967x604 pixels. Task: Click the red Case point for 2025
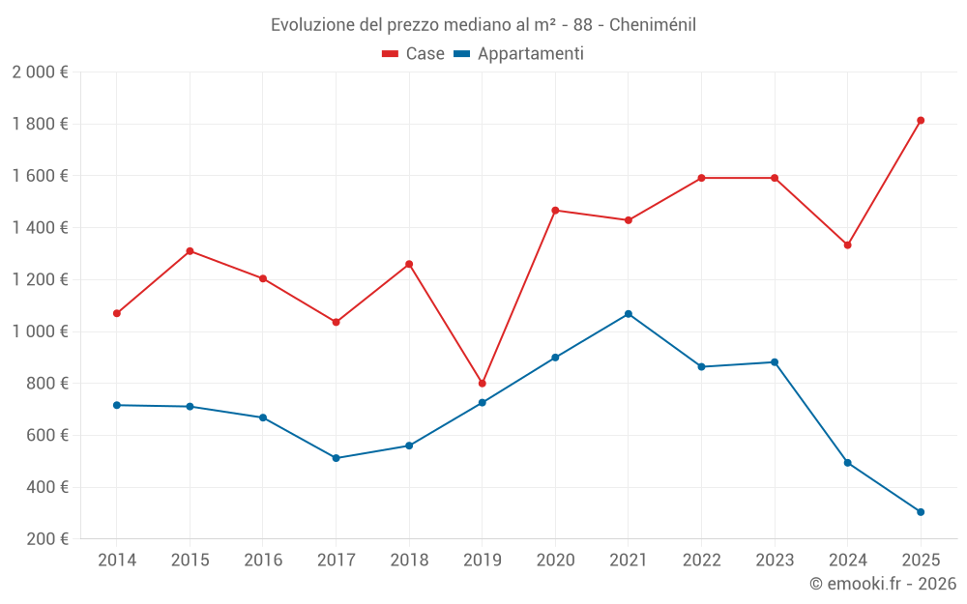(921, 121)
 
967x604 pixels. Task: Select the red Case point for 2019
(483, 384)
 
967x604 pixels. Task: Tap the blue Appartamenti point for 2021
(629, 314)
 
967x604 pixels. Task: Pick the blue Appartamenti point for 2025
(921, 512)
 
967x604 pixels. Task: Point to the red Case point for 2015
(190, 251)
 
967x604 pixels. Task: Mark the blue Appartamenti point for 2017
(336, 458)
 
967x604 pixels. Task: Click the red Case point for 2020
(555, 211)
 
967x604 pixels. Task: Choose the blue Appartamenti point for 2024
(848, 463)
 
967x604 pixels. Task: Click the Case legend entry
(414, 54)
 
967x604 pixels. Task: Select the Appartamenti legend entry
(519, 54)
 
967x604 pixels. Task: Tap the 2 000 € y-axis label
(41, 72)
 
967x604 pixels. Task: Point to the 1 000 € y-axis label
(41, 331)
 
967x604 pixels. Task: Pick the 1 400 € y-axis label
(41, 228)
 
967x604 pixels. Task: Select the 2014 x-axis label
(117, 560)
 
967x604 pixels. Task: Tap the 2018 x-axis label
(409, 560)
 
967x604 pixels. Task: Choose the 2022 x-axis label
(701, 560)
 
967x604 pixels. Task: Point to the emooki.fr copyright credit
(883, 584)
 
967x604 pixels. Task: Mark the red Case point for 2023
(775, 178)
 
